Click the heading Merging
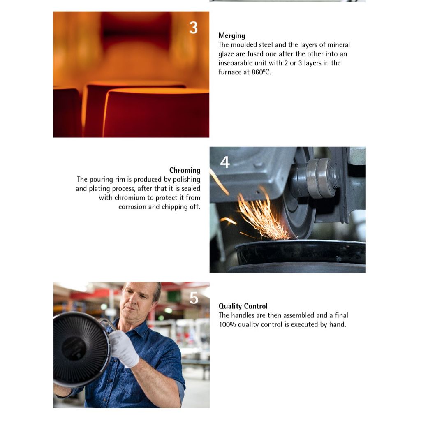[x=232, y=36]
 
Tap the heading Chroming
[x=185, y=171]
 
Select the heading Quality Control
[x=243, y=306]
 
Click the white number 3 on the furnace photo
[x=193, y=28]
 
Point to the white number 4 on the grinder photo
[x=225, y=162]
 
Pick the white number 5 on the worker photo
[x=194, y=298]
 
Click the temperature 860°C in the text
[x=261, y=72]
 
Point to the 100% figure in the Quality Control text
[x=227, y=325]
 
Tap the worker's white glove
[x=124, y=348]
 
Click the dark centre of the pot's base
[x=74, y=349]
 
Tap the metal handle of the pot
[x=107, y=324]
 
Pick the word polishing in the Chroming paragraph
[x=187, y=180]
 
